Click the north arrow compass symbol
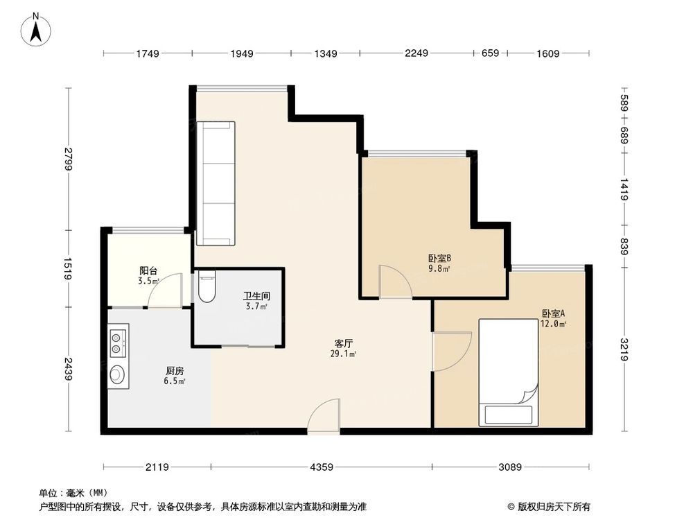point(36,30)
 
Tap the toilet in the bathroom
point(207,286)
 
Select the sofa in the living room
point(216,183)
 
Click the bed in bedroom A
point(508,372)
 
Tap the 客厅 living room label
point(344,344)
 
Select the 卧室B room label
point(439,258)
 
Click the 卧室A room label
point(553,313)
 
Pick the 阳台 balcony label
point(148,270)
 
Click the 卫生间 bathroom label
point(256,296)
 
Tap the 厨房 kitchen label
point(175,371)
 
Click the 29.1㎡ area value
point(344,354)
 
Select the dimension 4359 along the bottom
point(322,467)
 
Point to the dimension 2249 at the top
point(416,53)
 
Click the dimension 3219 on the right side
point(624,349)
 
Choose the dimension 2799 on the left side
point(68,159)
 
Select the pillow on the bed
point(508,415)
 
